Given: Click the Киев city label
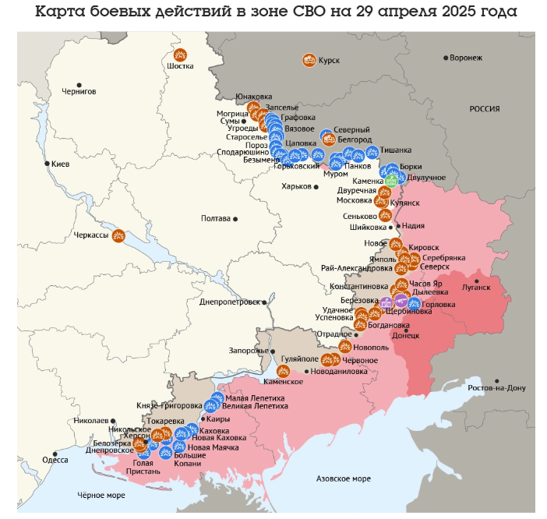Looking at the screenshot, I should coord(60,164).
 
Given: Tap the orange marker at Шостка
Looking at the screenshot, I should coord(180,55).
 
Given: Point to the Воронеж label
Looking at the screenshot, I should coord(467,58).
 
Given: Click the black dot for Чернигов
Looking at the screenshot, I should coord(78,84).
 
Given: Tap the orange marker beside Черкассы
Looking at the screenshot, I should coord(118,235).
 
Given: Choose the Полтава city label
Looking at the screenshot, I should coord(216,219).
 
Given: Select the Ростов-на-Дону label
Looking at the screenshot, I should coord(496,387).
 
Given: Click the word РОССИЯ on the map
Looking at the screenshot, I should coord(484,109).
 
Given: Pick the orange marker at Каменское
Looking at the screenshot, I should coord(283,370).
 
